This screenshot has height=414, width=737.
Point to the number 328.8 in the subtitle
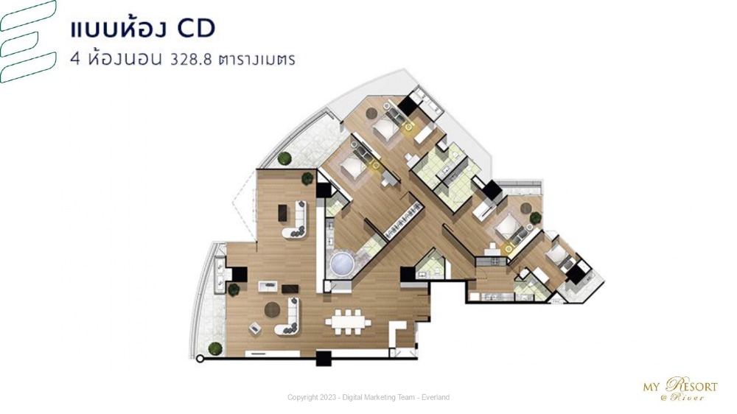191,60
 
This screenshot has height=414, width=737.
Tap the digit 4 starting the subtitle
74,60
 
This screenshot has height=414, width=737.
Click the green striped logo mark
27,41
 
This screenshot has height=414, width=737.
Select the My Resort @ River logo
680,389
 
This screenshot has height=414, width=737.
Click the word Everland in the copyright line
436,398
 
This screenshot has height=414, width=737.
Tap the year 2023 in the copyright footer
326,398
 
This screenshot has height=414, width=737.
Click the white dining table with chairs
348,322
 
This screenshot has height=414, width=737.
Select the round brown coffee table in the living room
272,309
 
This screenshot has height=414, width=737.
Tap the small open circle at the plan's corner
200,359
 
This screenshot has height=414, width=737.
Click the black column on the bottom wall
324,359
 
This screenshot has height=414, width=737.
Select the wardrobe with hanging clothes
403,220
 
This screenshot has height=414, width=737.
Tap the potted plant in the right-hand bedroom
535,217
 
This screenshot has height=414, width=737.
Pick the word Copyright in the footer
302,398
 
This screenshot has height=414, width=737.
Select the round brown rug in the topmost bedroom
371,113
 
